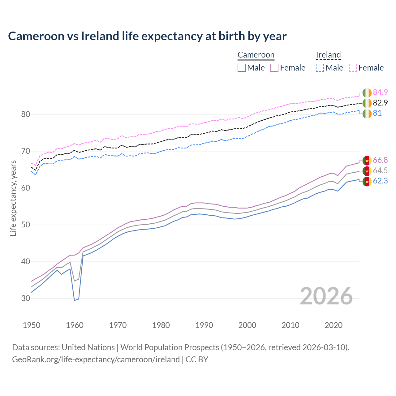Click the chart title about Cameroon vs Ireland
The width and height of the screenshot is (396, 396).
[147, 36]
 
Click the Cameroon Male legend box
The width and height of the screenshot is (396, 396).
[242, 68]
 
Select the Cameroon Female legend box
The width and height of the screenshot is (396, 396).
[274, 68]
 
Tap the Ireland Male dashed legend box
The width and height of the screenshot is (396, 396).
[320, 68]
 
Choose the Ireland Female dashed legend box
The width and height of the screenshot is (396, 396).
[353, 68]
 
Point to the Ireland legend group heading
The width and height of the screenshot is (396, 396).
[328, 55]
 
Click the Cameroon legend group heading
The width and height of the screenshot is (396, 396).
[256, 55]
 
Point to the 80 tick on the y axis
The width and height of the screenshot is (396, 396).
[25, 114]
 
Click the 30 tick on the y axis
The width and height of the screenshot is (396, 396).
[25, 298]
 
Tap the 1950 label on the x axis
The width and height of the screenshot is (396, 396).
[32, 325]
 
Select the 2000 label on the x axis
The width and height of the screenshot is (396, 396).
[247, 325]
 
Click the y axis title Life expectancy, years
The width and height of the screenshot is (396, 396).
[13, 198]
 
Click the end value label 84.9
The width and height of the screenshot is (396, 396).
[380, 92]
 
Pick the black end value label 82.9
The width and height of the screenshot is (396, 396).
[380, 103]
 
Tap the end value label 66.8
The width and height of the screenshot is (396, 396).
[380, 160]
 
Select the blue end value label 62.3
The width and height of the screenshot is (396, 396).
[380, 181]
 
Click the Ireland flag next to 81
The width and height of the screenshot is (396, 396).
[367, 114]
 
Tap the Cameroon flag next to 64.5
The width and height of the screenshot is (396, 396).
[367, 171]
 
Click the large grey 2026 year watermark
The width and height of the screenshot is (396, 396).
[326, 296]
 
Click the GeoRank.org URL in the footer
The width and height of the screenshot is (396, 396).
[96, 359]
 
